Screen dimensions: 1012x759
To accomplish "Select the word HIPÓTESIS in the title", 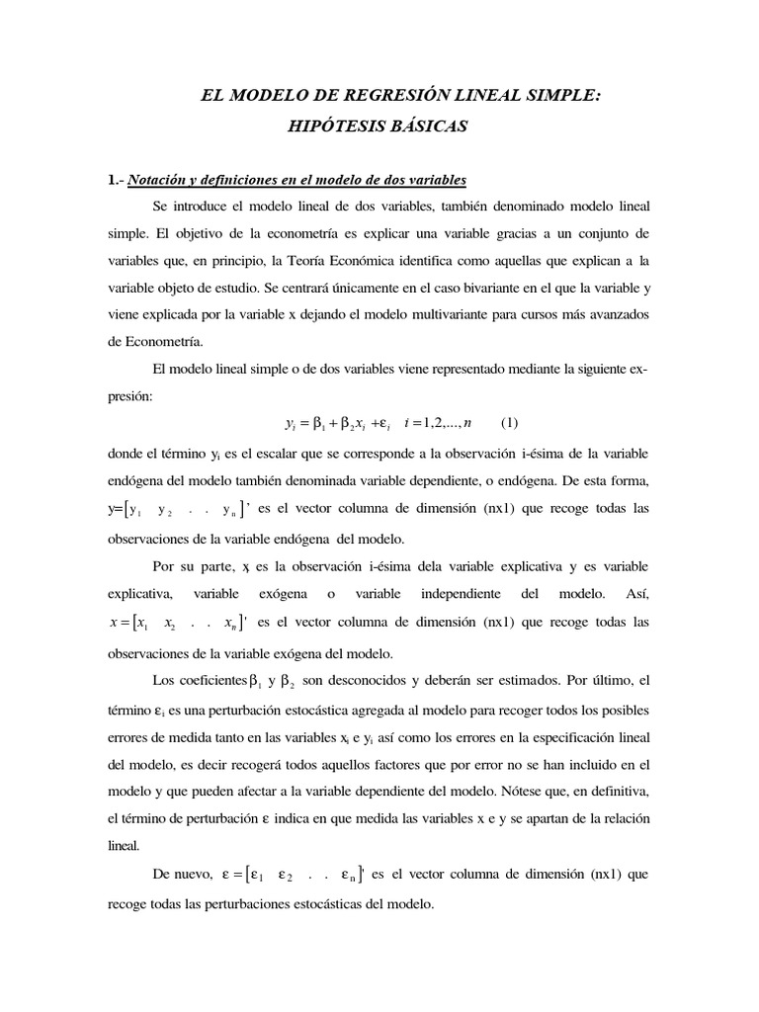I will (x=335, y=126).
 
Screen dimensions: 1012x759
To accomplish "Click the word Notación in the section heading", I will (x=158, y=179).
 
